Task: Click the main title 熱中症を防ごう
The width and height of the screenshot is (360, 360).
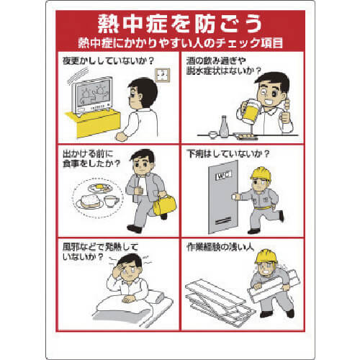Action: [x=179, y=24]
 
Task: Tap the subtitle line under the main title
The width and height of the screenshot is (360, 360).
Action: [x=181, y=43]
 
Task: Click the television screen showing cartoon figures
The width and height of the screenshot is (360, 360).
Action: [x=94, y=94]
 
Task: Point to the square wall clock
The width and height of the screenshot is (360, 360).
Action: [x=163, y=75]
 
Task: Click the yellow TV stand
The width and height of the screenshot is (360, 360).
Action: [x=94, y=122]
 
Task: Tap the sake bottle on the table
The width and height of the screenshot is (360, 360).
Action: [x=224, y=127]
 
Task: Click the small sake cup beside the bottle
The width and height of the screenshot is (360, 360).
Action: [x=212, y=135]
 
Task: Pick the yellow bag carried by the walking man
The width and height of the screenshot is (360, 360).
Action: [x=164, y=204]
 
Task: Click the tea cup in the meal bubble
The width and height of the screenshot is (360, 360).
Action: [x=112, y=201]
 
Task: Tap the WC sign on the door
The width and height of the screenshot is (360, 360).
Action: [x=223, y=176]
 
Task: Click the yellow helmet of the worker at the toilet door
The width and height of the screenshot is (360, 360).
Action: [x=261, y=174]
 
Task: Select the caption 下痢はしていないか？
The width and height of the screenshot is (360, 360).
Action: [x=228, y=154]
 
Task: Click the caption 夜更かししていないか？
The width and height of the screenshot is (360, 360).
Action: [x=108, y=60]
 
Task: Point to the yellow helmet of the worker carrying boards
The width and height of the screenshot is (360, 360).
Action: [x=266, y=256]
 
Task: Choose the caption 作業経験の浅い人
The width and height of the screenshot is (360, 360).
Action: [x=220, y=247]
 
